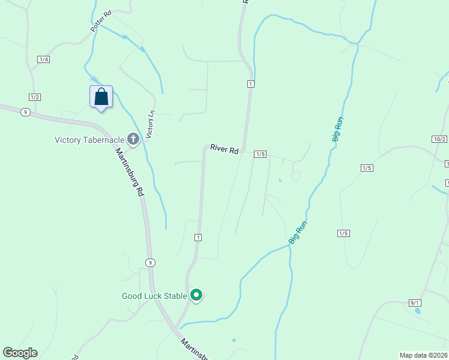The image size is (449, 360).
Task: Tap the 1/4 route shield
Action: click(x=43, y=59)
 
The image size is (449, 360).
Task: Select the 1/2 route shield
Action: click(x=34, y=97)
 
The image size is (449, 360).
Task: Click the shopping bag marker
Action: click(x=101, y=97)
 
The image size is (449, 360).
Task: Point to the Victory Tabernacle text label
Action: click(x=89, y=140)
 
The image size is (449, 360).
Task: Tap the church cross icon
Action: click(x=133, y=140)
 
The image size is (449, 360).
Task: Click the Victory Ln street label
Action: click(x=151, y=122)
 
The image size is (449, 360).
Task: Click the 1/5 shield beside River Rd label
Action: click(x=260, y=154)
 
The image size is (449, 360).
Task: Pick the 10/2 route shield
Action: click(x=439, y=139)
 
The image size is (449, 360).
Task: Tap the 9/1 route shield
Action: click(x=415, y=303)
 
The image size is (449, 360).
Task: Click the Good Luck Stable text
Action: click(x=155, y=296)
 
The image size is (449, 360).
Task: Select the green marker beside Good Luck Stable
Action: click(x=196, y=295)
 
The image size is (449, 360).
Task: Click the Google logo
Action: click(x=20, y=353)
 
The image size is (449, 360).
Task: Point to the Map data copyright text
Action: click(x=424, y=355)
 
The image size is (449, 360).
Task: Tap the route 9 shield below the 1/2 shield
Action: click(x=25, y=112)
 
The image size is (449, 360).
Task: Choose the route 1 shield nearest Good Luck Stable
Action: click(x=197, y=238)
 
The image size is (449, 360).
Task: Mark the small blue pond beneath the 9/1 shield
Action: click(x=418, y=311)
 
